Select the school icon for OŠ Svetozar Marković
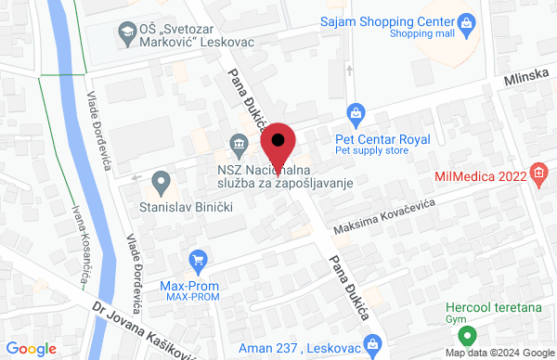(124, 33)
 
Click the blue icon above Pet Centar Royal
(354, 114)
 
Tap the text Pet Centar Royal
(382, 139)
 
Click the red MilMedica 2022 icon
(538, 173)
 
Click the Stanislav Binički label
(185, 204)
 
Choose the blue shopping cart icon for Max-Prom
(197, 261)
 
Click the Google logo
(32, 349)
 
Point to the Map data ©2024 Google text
(498, 353)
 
